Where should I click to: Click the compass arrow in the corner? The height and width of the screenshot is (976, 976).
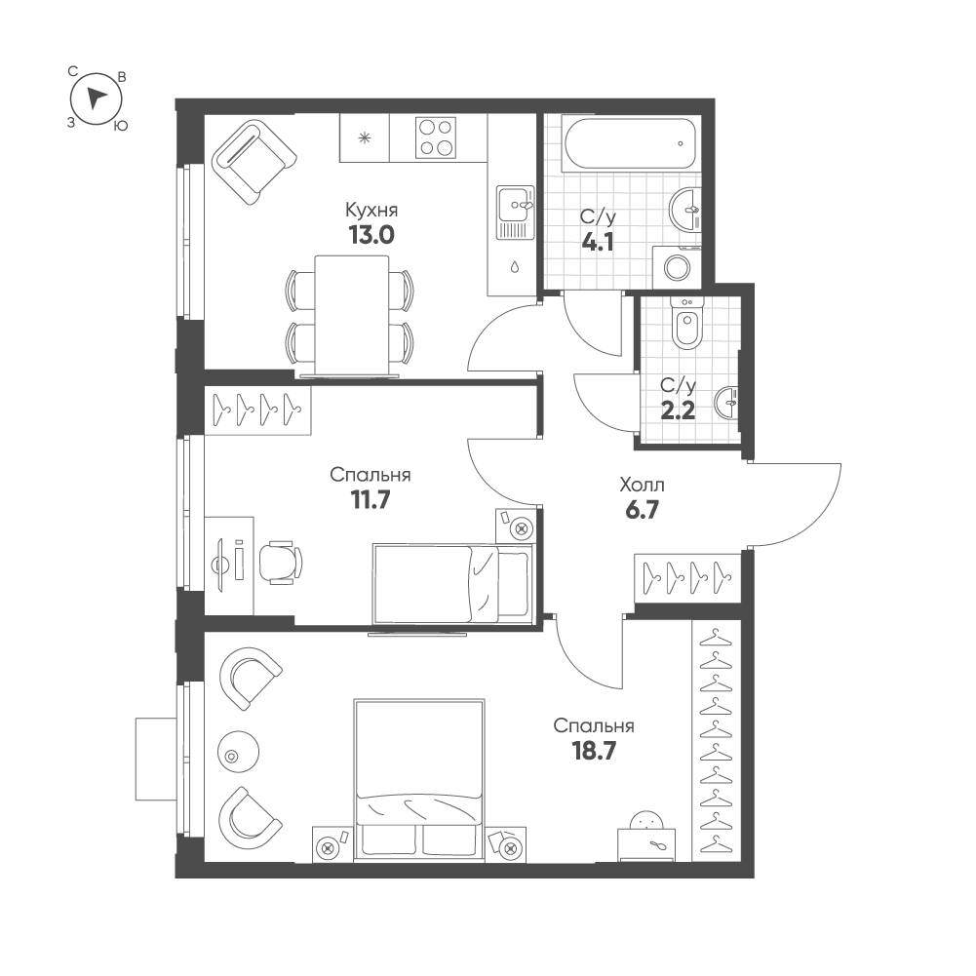click(x=95, y=98)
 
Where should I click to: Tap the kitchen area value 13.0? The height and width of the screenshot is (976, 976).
click(x=371, y=235)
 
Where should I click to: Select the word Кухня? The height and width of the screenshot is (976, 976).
click(x=371, y=210)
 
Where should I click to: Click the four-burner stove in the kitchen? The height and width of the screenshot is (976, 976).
click(x=435, y=137)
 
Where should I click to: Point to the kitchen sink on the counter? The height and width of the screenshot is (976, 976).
click(x=516, y=213)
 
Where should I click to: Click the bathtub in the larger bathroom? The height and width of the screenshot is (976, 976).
click(x=628, y=144)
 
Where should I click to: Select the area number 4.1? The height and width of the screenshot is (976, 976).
click(x=598, y=242)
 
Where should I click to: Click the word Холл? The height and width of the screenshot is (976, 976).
click(x=642, y=485)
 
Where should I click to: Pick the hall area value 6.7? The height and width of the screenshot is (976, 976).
click(x=642, y=510)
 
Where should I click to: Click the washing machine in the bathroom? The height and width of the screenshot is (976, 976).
click(x=677, y=267)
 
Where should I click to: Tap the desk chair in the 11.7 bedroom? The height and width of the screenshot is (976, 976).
click(x=280, y=563)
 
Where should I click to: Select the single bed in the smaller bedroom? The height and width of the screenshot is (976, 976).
click(x=452, y=583)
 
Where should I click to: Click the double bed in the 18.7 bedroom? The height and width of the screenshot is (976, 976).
click(x=419, y=780)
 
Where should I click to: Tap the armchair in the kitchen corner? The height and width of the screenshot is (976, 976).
click(x=254, y=162)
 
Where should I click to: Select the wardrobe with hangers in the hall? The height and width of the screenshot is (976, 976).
click(x=687, y=578)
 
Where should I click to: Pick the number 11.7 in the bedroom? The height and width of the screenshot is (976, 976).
click(x=370, y=500)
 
